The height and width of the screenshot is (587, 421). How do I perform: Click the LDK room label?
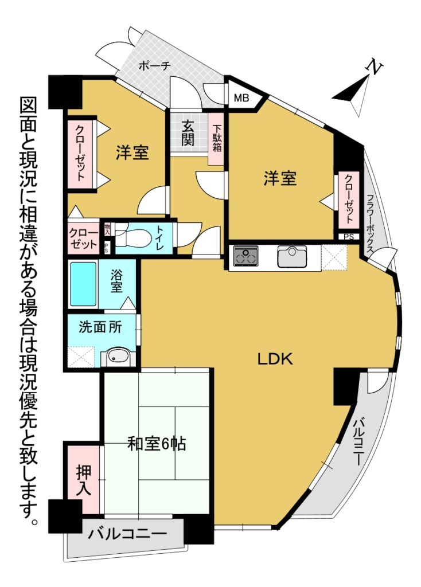tap(275, 359)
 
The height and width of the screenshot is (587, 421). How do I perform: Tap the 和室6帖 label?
tap(157, 444)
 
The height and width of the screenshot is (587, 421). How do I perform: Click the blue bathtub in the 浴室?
tap(83, 284)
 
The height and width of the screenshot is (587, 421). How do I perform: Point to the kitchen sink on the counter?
tap(292, 256)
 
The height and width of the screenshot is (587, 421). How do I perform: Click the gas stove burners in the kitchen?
tap(246, 256)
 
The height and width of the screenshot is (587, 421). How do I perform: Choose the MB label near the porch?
tap(241, 98)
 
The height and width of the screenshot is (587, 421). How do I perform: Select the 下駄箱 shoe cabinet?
tap(217, 139)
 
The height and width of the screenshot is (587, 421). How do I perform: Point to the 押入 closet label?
tap(84, 480)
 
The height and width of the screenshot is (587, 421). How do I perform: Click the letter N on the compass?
tap(373, 68)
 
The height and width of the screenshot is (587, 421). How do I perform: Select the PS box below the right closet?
tap(348, 237)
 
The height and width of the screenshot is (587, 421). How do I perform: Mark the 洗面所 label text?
tap(100, 327)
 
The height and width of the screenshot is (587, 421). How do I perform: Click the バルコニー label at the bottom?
tap(127, 533)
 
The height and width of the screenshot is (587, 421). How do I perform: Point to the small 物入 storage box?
tap(108, 229)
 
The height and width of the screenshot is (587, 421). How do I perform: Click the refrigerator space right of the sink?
tap(335, 257)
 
